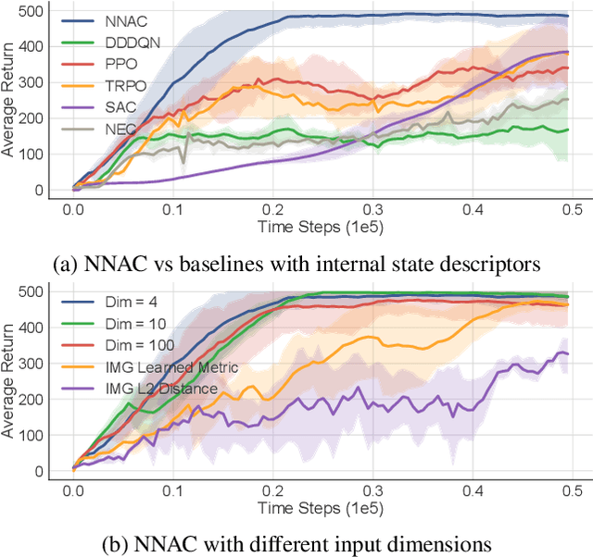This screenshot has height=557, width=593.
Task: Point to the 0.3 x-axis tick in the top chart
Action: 372,210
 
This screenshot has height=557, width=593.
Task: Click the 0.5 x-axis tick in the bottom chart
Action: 573,490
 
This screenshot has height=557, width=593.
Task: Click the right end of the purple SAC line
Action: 567,52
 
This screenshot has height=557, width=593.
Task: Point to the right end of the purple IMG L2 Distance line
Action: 567,353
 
